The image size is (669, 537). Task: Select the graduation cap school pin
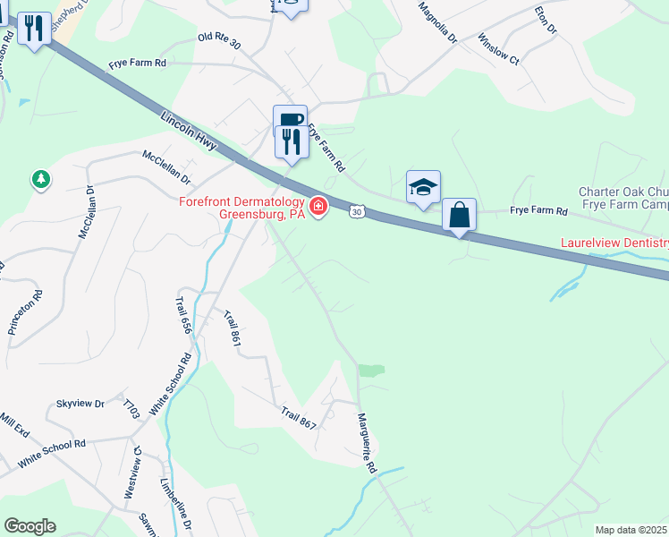click(x=423, y=187)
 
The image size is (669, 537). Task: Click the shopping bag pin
click(x=459, y=216)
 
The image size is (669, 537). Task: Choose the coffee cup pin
click(x=290, y=121)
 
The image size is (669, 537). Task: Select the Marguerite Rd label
click(x=368, y=443)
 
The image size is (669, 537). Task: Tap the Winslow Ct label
click(x=498, y=50)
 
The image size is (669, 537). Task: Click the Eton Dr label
click(x=545, y=21)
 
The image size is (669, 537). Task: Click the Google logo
click(x=30, y=526)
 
